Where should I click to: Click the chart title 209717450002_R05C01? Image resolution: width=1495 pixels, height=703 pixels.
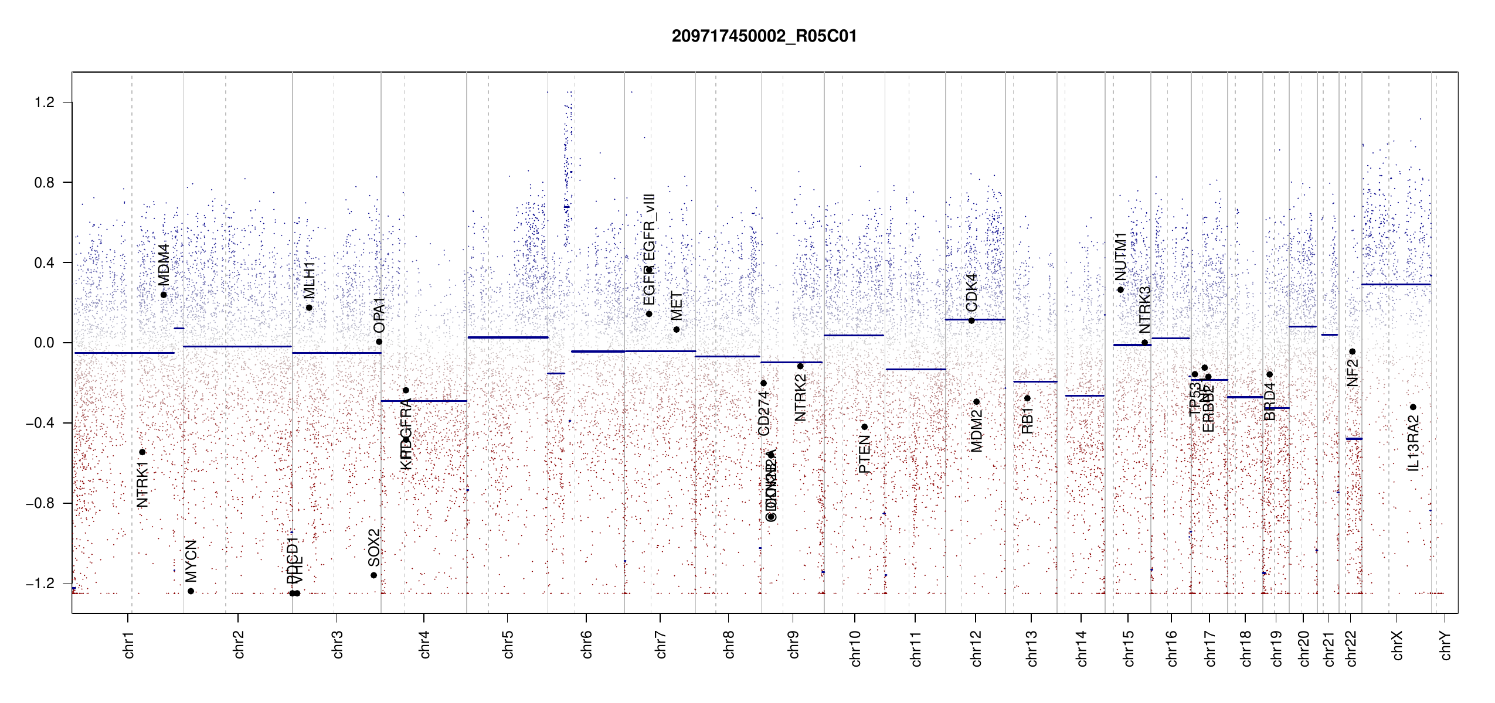click(764, 36)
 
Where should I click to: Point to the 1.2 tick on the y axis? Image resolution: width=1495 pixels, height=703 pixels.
click(45, 103)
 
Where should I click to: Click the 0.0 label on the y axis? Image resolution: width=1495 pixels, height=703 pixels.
click(45, 343)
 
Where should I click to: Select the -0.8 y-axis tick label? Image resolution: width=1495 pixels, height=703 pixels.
click(40, 503)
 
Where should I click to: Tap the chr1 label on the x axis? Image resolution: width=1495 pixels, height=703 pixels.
click(129, 644)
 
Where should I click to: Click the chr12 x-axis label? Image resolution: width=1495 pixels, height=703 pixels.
click(976, 648)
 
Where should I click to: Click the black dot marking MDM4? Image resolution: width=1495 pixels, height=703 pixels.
click(164, 295)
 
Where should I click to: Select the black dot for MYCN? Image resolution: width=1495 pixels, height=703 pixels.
click(191, 591)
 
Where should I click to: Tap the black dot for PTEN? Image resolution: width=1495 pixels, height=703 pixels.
click(864, 427)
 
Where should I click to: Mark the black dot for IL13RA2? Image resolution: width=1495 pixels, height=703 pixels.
click(1413, 407)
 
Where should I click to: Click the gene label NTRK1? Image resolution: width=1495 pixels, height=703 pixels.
click(142, 484)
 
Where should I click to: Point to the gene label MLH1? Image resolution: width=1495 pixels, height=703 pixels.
click(309, 280)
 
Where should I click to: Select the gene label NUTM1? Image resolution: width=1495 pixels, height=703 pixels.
click(1120, 257)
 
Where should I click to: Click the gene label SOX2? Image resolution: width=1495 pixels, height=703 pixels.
click(373, 548)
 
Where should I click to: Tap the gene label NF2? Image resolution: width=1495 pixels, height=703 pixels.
click(1352, 373)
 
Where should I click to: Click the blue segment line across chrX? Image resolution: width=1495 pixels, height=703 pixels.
click(1395, 285)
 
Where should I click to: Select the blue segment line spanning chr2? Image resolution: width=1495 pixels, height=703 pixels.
click(237, 346)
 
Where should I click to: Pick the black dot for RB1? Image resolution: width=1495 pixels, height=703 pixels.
click(1027, 398)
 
